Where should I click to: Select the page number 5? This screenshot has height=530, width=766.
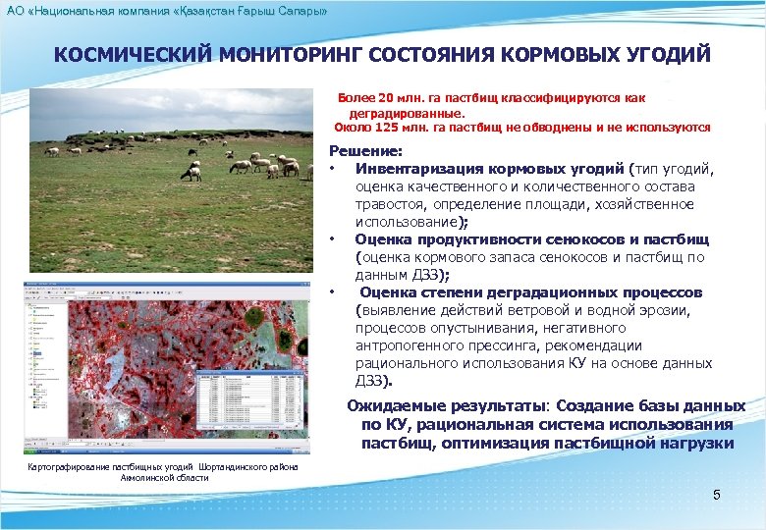click(717, 495)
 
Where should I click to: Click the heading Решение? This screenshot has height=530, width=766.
click(365, 151)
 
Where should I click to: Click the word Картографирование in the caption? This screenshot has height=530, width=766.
click(69, 466)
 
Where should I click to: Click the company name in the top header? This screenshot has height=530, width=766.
click(167, 9)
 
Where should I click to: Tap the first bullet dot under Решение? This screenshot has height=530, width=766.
click(333, 169)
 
